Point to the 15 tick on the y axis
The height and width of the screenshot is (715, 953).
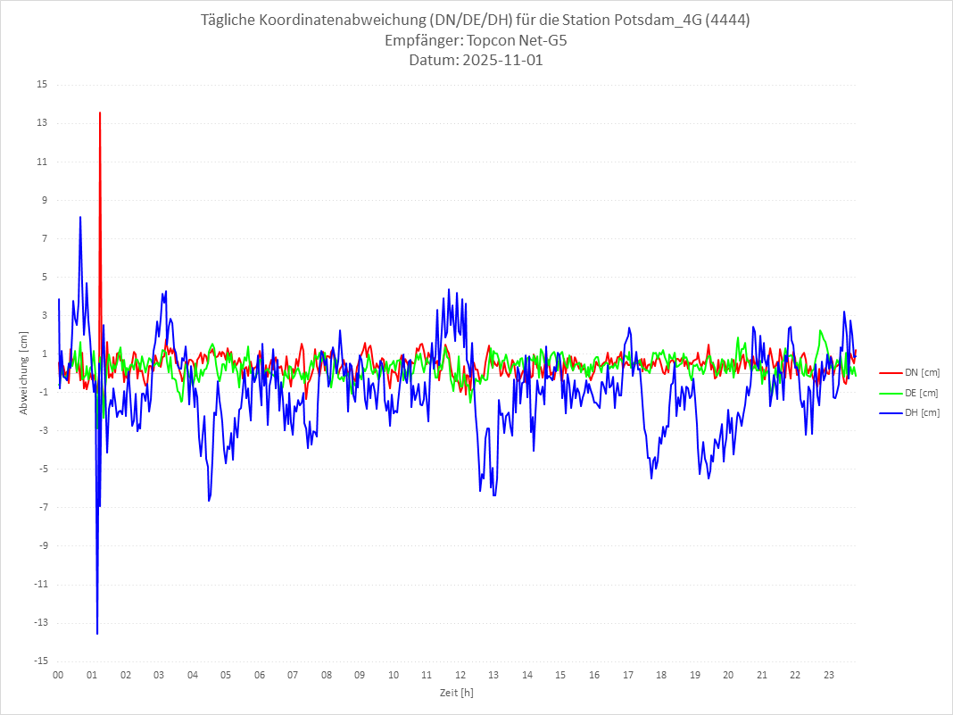click(42, 85)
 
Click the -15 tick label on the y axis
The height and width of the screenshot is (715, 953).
click(40, 661)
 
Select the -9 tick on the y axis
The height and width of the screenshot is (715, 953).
click(42, 545)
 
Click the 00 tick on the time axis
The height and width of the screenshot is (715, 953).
click(58, 675)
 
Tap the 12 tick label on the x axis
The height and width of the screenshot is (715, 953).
click(460, 675)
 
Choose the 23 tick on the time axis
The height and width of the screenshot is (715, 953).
click(829, 675)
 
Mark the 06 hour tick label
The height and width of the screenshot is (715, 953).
click(259, 675)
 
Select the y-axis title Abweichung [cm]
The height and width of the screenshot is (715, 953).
click(23, 372)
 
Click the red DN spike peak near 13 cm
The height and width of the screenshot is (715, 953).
click(100, 113)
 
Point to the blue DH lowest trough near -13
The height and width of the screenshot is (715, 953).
click(97, 633)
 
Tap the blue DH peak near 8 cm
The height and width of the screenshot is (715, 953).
click(80, 218)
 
